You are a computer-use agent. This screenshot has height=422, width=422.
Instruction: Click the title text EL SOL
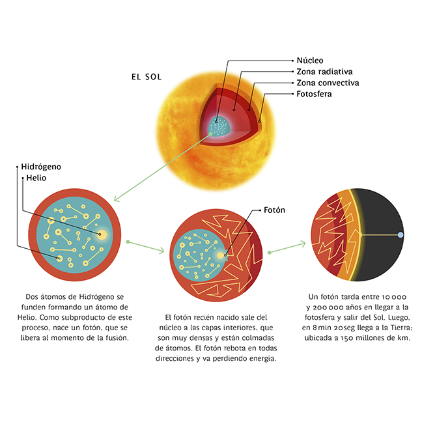pyautogui.click(x=147, y=77)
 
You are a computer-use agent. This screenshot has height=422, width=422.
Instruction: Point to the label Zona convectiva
pyautogui.click(x=328, y=83)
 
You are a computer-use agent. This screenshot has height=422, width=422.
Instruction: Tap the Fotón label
pyautogui.click(x=274, y=210)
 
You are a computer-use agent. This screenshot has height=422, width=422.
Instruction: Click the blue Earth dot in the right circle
pyautogui.click(x=401, y=234)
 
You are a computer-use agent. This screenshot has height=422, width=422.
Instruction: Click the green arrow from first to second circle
pyautogui.click(x=147, y=246)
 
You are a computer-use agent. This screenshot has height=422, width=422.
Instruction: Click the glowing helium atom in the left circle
pyautogui.click(x=101, y=233)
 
